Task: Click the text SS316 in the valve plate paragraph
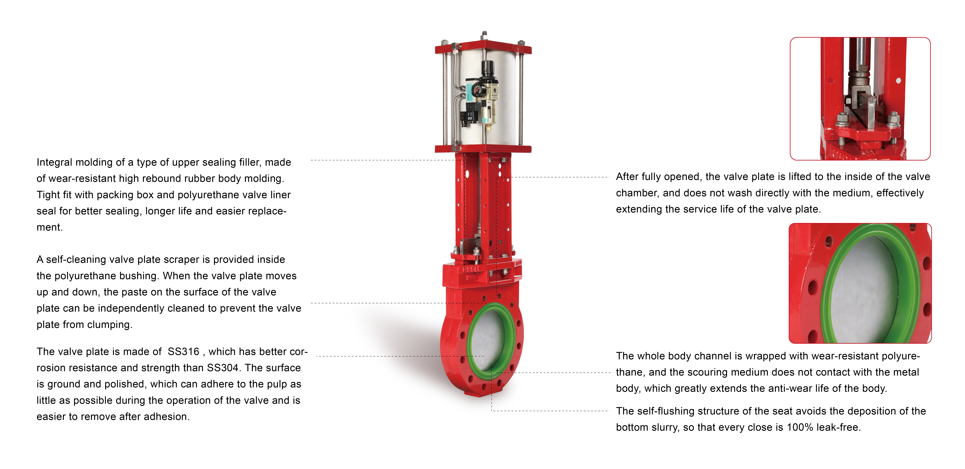(x=183, y=352)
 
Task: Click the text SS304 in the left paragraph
(x=223, y=368)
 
